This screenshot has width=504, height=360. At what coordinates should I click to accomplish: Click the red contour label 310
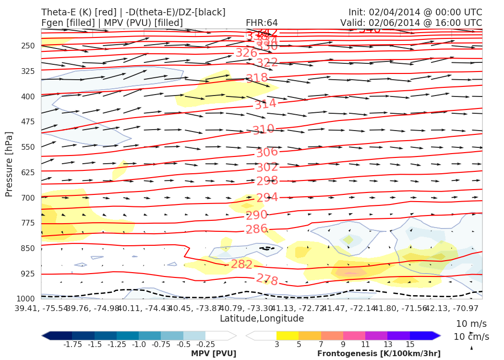pyautogui.click(x=264, y=129)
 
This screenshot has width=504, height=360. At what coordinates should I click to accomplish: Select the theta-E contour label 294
pyautogui.click(x=267, y=198)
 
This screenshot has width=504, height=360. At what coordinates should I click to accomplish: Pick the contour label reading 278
pyautogui.click(x=267, y=279)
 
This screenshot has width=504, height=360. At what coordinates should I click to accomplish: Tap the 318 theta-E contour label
pyautogui.click(x=257, y=78)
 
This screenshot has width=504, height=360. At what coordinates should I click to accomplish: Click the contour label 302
pyautogui.click(x=267, y=168)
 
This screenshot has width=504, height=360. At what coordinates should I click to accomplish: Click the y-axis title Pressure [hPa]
pyautogui.click(x=9, y=164)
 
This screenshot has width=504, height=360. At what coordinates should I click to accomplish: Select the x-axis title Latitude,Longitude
pyautogui.click(x=262, y=318)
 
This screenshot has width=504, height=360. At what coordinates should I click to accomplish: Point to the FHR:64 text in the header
pyautogui.click(x=262, y=23)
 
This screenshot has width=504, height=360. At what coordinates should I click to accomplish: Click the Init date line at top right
pyautogui.click(x=415, y=12)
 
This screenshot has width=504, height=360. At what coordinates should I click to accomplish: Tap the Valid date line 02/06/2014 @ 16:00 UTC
pyautogui.click(x=411, y=23)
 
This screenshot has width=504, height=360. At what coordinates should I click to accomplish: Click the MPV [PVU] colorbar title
pyautogui.click(x=214, y=353)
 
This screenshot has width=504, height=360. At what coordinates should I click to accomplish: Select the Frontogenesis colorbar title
pyautogui.click(x=379, y=353)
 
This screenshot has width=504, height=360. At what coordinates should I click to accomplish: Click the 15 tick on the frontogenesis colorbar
pyautogui.click(x=409, y=344)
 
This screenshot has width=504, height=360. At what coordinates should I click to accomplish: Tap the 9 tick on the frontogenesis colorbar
pyautogui.click(x=343, y=344)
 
